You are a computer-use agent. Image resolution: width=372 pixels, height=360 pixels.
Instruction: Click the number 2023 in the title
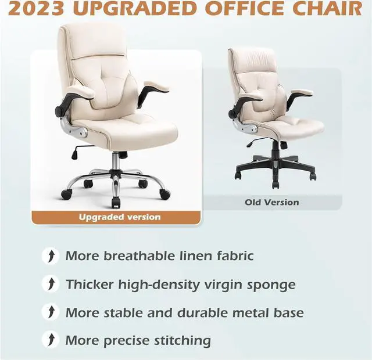point(36,9)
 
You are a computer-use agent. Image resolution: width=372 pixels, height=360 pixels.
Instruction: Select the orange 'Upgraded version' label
point(116,217)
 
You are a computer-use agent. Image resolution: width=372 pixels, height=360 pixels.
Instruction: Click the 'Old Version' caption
point(272,203)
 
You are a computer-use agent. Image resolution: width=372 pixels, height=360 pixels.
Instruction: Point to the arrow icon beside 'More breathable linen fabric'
point(51,255)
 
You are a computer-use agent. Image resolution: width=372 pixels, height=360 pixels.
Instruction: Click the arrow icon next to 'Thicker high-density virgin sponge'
point(51,284)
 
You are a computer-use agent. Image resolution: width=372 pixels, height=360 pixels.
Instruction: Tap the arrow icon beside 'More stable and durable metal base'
point(51,312)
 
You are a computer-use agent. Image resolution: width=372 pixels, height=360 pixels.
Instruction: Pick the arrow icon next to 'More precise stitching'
point(51,340)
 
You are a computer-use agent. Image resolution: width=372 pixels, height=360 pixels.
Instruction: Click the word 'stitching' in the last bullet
point(183,341)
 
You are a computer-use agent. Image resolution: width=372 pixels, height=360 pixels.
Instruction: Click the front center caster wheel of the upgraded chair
point(115,203)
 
